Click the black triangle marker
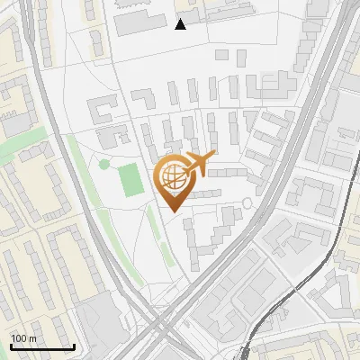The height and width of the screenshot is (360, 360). pyautogui.click(x=181, y=24)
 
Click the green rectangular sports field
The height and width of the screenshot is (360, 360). pyautogui.click(x=130, y=179)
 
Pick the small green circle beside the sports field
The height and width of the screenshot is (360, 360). pyautogui.click(x=104, y=164)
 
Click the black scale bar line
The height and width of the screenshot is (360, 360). pyautogui.click(x=42, y=346)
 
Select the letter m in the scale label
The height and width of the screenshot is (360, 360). pyautogui.click(x=33, y=338)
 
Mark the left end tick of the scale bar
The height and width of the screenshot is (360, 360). pyautogui.click(x=11, y=345)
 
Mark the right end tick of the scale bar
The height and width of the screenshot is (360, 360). pyautogui.click(x=74, y=345)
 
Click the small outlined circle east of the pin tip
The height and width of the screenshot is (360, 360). pyautogui.click(x=247, y=203)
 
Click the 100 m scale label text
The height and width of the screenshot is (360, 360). pyautogui.click(x=24, y=338)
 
